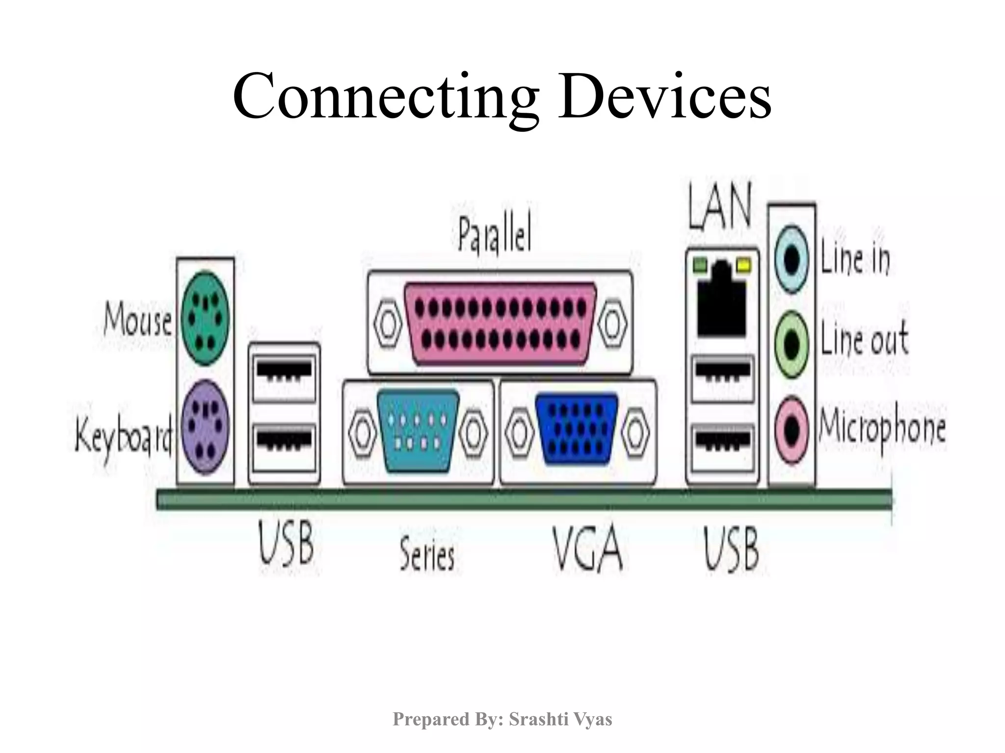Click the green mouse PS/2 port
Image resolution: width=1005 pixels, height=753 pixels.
(x=205, y=318)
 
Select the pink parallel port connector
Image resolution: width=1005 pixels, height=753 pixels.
(x=500, y=323)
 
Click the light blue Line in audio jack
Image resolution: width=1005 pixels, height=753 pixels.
(x=791, y=259)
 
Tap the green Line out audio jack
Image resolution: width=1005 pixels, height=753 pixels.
(x=791, y=345)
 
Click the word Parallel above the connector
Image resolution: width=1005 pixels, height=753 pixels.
(x=495, y=236)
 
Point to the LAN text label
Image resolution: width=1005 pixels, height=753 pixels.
(x=719, y=208)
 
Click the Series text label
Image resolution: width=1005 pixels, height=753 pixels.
(x=427, y=554)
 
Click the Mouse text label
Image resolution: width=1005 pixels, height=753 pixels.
(x=138, y=321)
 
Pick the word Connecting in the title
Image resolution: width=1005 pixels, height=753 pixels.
(x=386, y=96)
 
